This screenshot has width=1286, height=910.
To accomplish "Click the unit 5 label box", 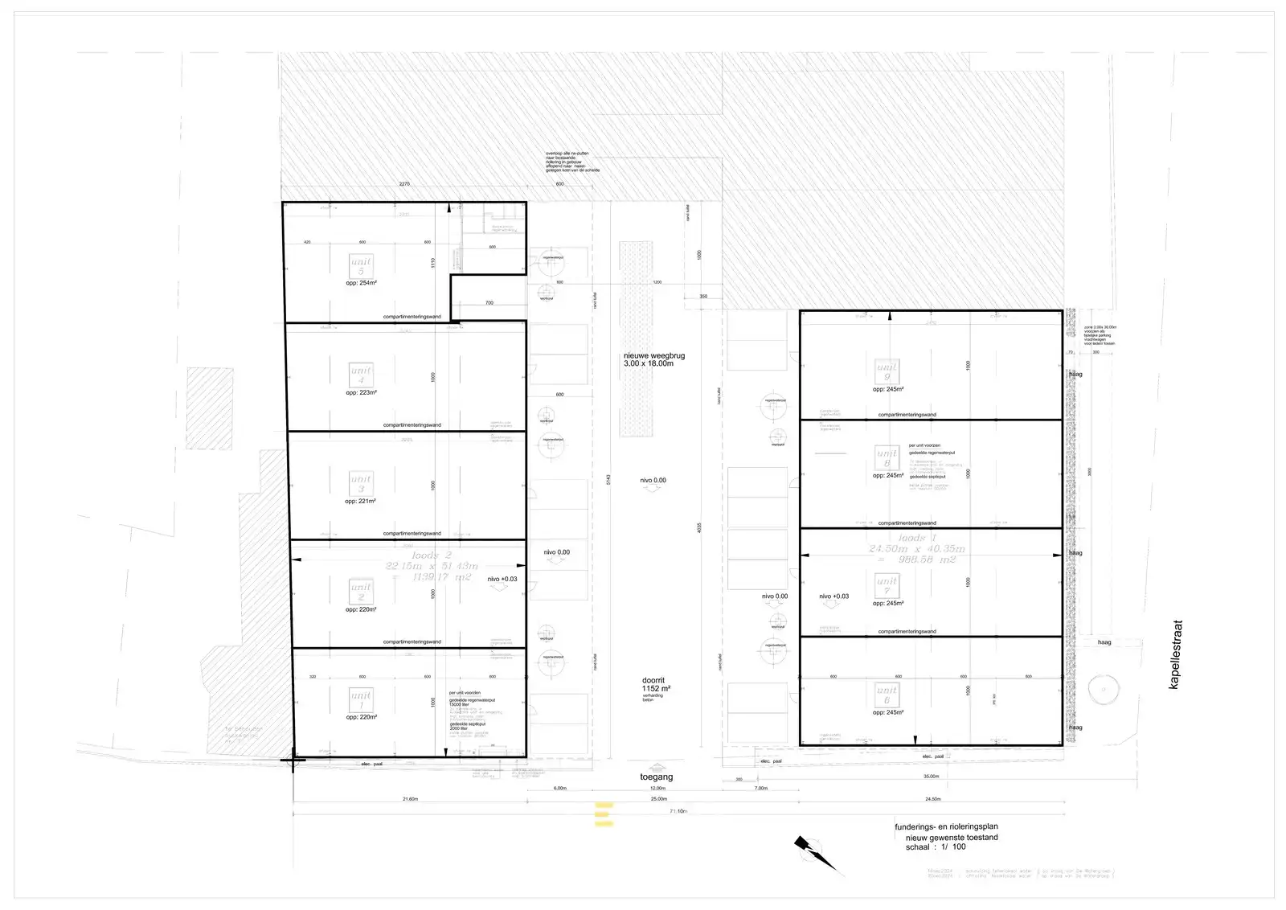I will [361, 265].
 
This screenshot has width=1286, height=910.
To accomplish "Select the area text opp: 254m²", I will [361, 284].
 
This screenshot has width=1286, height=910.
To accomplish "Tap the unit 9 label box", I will [887, 371].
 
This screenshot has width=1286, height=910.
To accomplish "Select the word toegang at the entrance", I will [656, 777].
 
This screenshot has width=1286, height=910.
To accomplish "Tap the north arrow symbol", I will [813, 854].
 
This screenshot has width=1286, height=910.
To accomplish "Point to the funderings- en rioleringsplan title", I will [946, 826].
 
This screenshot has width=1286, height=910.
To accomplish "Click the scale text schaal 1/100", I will [936, 846].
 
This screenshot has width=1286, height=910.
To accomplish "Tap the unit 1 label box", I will [361, 699].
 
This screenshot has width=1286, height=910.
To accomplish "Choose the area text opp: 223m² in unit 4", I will [361, 392].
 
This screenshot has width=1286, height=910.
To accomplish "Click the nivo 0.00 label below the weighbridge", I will [653, 480].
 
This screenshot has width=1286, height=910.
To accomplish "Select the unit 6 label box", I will [887, 695].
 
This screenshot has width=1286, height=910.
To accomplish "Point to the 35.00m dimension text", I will [931, 777].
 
